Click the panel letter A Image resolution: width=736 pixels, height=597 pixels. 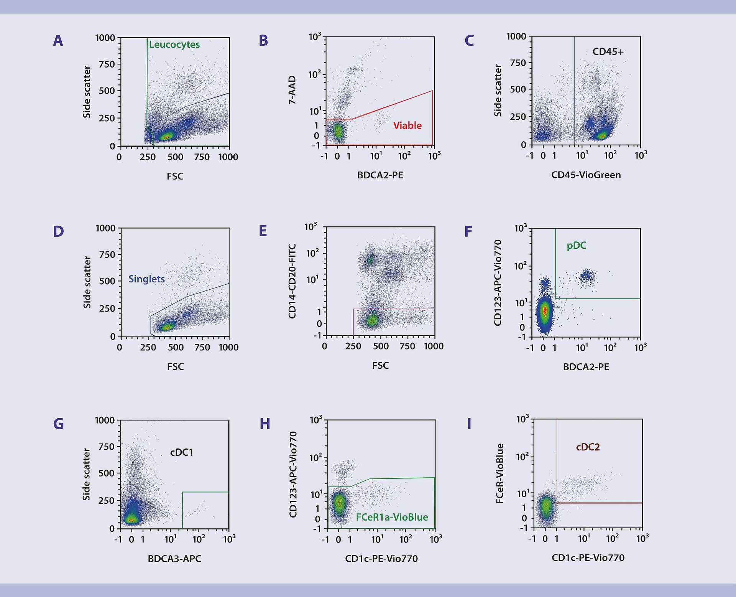[x=58, y=41]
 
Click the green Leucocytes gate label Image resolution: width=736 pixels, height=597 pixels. [x=174, y=45]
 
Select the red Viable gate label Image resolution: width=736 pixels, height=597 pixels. [x=407, y=125]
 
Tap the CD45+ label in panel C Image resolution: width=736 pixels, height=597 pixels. [x=608, y=51]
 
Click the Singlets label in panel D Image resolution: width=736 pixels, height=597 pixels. [x=146, y=279]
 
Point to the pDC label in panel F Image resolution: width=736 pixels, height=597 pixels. [x=576, y=246]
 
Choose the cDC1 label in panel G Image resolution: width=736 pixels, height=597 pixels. [x=182, y=452]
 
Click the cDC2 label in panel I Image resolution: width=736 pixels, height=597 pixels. [x=588, y=447]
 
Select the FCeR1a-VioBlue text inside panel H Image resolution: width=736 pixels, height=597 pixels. [x=392, y=517]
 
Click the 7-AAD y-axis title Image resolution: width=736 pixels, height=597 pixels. [x=292, y=91]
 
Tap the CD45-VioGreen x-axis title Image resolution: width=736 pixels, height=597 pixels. [x=586, y=175]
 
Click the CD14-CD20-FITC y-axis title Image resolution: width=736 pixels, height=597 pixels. [x=292, y=281]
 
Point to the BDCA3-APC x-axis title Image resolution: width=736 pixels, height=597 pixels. [x=174, y=559]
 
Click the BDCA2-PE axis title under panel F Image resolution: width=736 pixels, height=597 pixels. [x=586, y=367]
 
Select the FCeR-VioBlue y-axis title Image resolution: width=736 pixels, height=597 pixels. [x=499, y=473]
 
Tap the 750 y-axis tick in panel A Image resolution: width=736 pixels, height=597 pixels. [x=107, y=64]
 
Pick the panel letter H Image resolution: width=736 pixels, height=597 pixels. [x=264, y=424]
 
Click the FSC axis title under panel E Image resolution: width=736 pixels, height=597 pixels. [x=380, y=366]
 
